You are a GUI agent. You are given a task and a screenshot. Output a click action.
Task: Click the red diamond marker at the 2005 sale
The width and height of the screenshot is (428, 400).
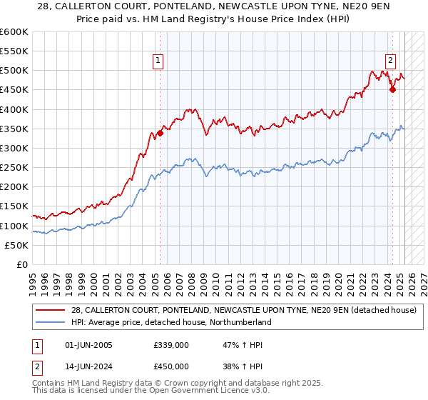(160, 132)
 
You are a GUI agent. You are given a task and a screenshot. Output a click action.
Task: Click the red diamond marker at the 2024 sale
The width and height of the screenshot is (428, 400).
(392, 89)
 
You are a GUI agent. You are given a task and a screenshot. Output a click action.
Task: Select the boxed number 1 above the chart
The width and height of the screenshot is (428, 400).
(157, 61)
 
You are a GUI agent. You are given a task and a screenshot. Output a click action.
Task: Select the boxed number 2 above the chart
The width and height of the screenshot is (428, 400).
(391, 61)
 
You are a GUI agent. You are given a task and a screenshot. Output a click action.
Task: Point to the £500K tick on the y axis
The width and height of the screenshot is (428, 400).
(14, 71)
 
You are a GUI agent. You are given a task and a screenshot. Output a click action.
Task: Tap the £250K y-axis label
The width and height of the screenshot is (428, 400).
(14, 168)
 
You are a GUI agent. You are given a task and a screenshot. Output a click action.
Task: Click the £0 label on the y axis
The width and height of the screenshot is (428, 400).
(22, 265)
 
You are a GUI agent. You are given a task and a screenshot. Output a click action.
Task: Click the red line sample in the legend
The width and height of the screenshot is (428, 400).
(51, 311)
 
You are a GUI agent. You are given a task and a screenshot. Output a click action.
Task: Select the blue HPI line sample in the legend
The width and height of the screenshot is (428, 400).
(51, 323)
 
